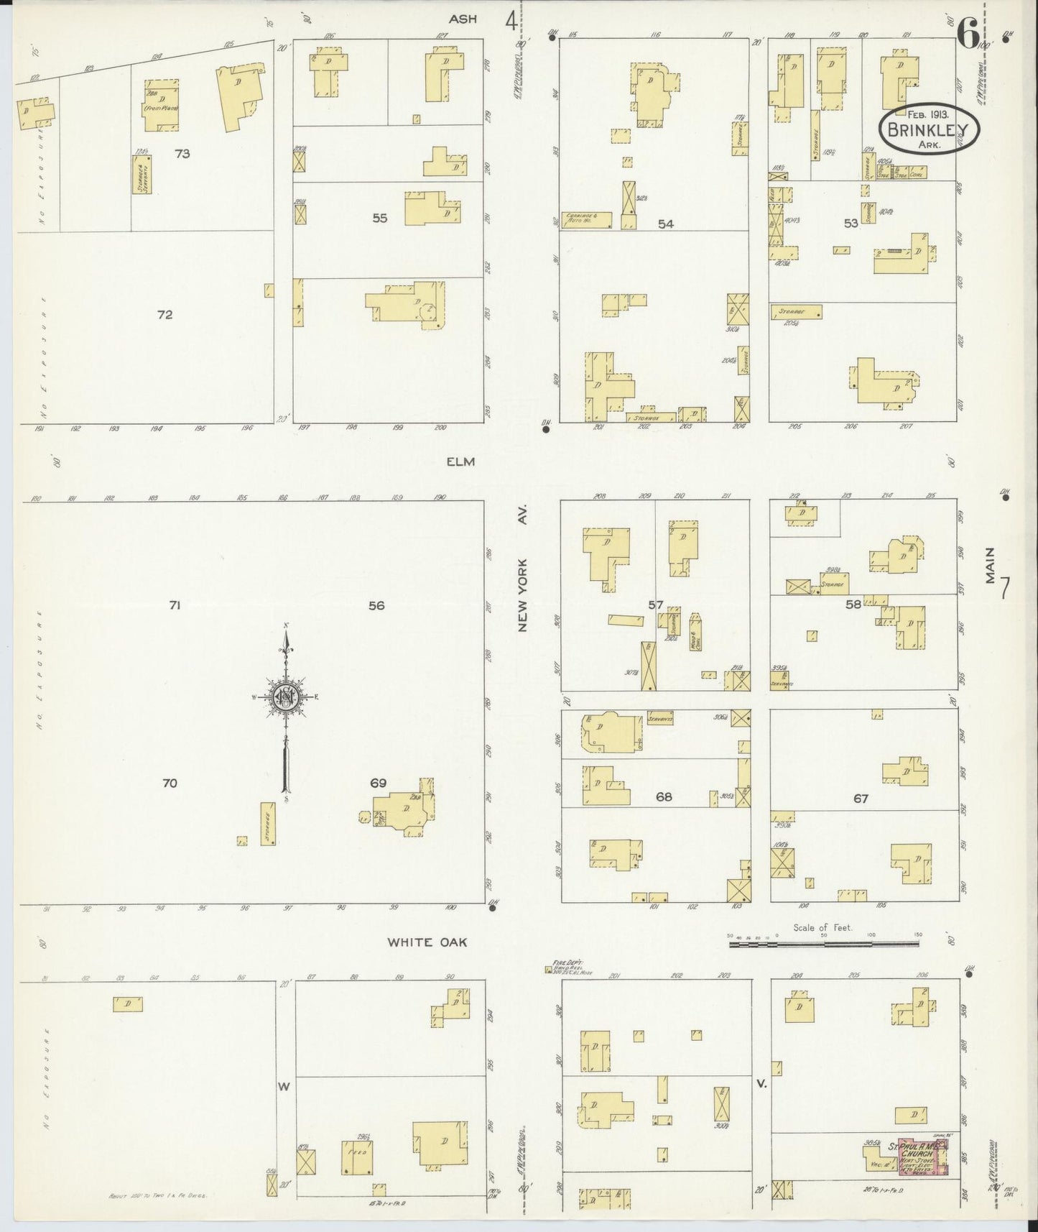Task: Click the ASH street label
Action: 463,19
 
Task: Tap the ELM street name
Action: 460,461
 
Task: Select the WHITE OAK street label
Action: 427,942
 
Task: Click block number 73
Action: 182,153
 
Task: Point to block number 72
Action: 165,314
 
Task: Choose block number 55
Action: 380,218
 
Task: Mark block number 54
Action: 666,224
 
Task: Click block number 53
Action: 851,224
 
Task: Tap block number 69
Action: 379,783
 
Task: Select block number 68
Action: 664,797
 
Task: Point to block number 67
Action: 861,798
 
